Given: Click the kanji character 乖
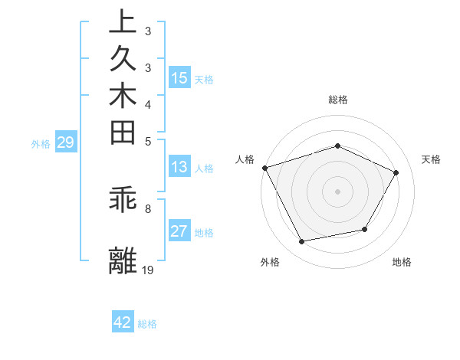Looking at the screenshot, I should (123, 201).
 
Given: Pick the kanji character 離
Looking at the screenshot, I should (123, 260).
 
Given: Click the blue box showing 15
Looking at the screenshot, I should (179, 78).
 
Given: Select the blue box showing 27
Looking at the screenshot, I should (179, 232).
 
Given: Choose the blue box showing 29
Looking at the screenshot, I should (66, 142).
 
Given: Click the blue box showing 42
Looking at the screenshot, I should (123, 322).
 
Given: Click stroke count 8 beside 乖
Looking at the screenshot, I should (148, 208).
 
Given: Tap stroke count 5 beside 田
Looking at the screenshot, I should (148, 141).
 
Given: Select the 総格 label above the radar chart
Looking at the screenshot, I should (337, 100).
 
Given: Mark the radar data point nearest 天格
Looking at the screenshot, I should (396, 172).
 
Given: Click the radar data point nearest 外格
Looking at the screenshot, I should (301, 242).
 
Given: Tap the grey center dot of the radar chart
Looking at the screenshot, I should (337, 191).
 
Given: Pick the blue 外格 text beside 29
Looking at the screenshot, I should (41, 143).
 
